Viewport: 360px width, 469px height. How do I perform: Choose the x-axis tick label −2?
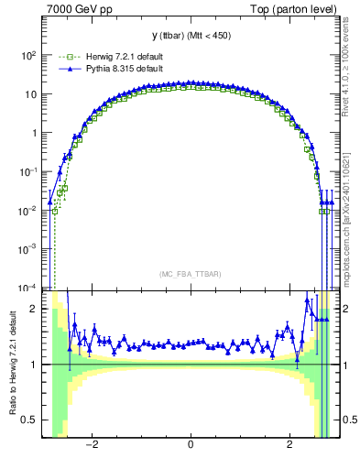(x=91, y=446)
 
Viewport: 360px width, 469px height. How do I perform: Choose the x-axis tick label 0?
(x=190, y=446)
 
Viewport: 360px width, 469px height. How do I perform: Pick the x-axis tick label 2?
(x=289, y=446)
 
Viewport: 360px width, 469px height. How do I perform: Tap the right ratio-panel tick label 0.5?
(x=348, y=420)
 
